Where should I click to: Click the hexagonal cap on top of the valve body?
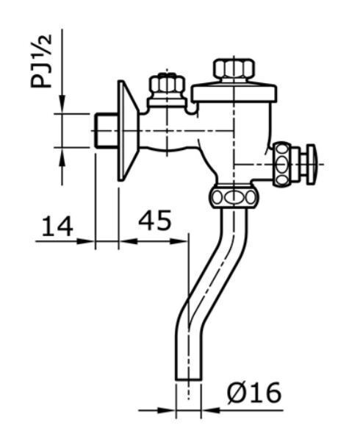[233, 71]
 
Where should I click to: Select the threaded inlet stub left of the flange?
[107, 131]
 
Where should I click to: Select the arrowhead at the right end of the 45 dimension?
[183, 240]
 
